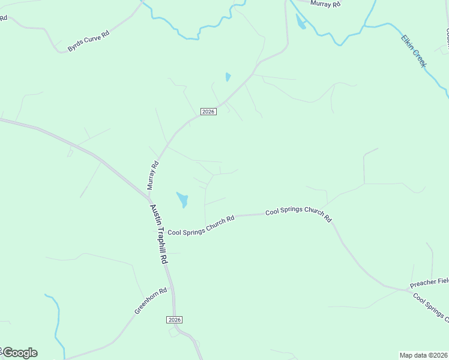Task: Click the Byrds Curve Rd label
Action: coord(88,41)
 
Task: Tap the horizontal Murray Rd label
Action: coord(325,4)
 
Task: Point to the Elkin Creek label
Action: coord(414,50)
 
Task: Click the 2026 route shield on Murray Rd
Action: coord(208,112)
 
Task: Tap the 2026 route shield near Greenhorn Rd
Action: coord(174,320)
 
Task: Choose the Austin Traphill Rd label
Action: coord(158,234)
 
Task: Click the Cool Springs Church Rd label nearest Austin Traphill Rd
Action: coord(200,226)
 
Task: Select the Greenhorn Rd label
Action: coord(145,301)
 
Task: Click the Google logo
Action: coord(20,353)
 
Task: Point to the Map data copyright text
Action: coord(423,355)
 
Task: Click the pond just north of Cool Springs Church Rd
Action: coord(182,199)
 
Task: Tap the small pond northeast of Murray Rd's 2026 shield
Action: coord(228,77)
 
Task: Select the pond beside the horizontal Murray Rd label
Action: coord(300,22)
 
